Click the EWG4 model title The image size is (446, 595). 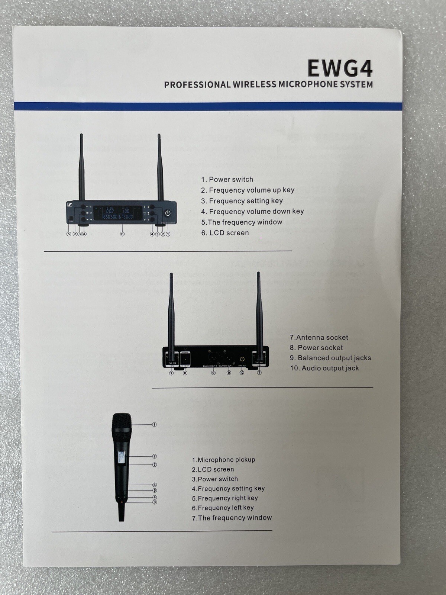click(x=340, y=68)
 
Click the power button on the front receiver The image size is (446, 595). click(x=168, y=213)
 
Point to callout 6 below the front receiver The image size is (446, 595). click(x=122, y=234)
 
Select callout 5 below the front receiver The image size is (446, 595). click(x=68, y=234)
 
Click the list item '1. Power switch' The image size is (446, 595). click(x=227, y=179)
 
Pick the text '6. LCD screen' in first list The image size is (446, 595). click(x=225, y=233)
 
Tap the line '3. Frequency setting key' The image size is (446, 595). click(x=242, y=201)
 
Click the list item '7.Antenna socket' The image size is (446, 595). click(x=319, y=337)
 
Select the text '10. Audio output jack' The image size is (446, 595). click(x=324, y=368)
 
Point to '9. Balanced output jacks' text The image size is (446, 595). click(x=330, y=358)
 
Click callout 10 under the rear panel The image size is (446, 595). click(x=242, y=373)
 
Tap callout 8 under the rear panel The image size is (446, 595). click(x=185, y=373)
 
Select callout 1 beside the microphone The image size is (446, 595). click(x=154, y=424)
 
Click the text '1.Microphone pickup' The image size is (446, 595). click(x=223, y=460)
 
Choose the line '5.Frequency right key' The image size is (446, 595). click(x=225, y=498)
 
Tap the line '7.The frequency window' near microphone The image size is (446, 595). click(x=232, y=518)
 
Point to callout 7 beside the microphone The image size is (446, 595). click(x=155, y=464)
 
